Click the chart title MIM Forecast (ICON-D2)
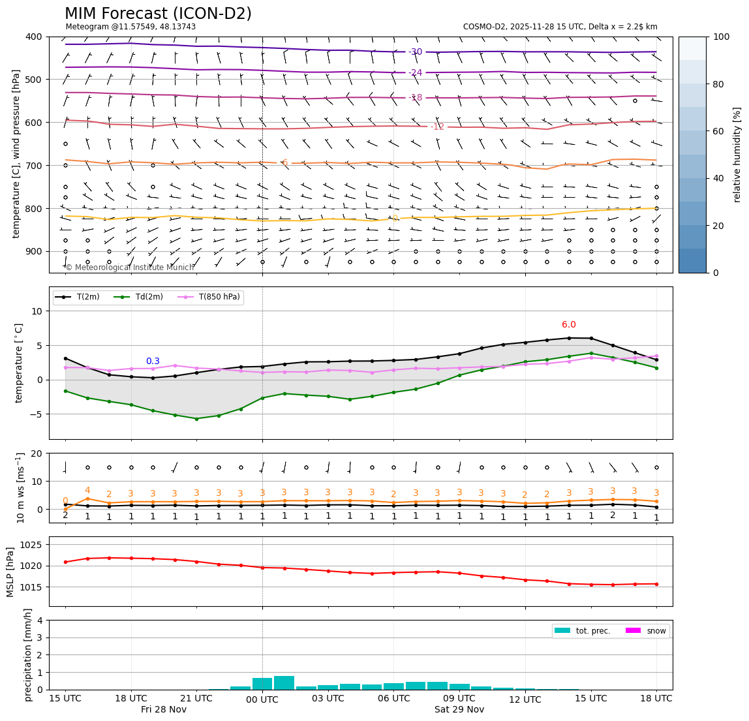click(x=158, y=14)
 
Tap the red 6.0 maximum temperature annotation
click(x=569, y=325)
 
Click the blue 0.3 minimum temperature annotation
click(x=153, y=361)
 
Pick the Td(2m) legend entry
click(x=145, y=297)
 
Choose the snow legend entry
click(x=656, y=631)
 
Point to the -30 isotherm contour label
click(x=415, y=52)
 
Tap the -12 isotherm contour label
click(x=437, y=127)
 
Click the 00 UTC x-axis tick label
click(x=262, y=700)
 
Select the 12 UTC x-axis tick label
click(x=525, y=700)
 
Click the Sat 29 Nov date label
click(x=459, y=710)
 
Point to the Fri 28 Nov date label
click(x=164, y=710)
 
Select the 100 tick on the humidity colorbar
click(x=722, y=37)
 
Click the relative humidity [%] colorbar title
click(x=737, y=155)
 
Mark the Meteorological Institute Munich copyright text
click(x=130, y=268)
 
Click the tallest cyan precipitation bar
click(x=284, y=683)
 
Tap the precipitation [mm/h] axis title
click(x=28, y=654)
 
